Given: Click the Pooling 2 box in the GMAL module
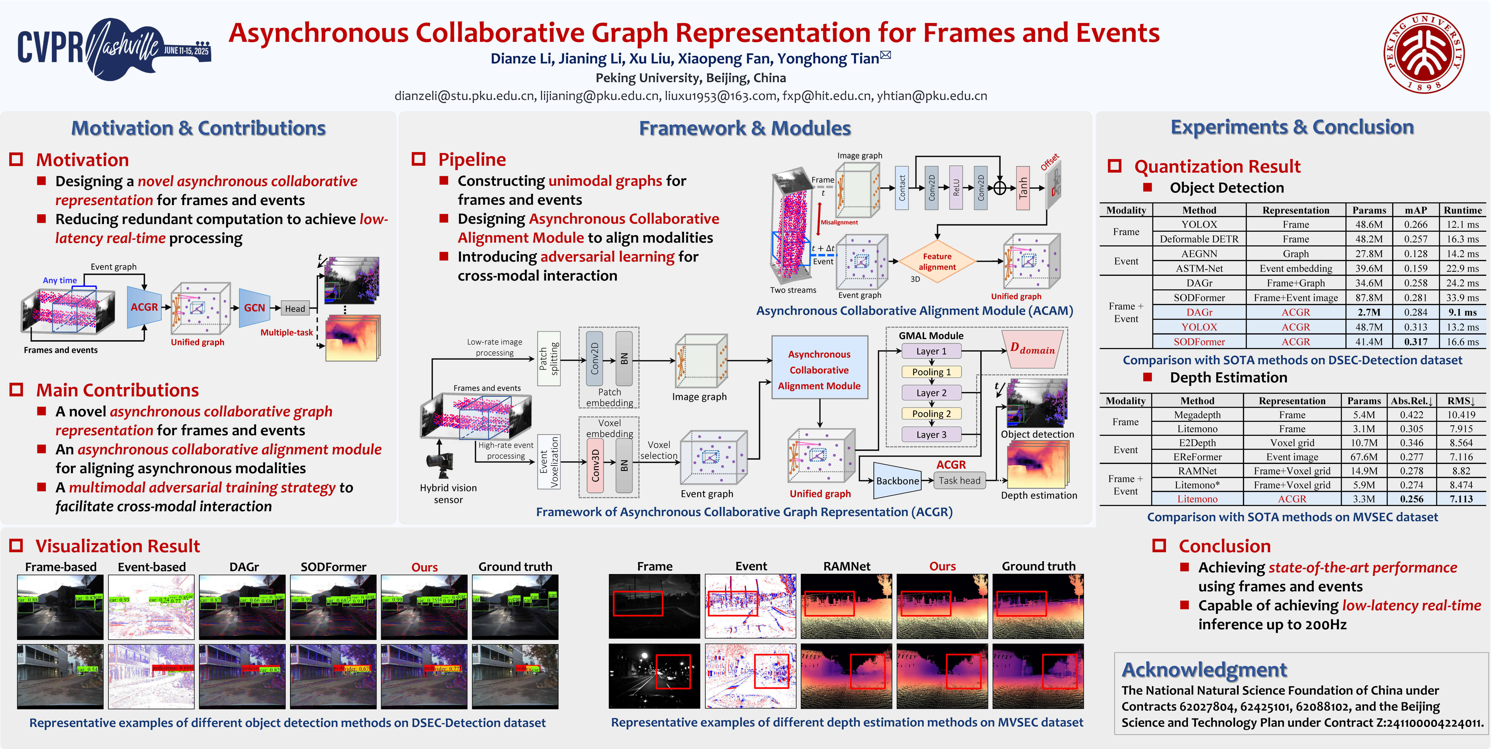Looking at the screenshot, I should [931, 413].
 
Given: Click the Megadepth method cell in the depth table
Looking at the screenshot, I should [1197, 414].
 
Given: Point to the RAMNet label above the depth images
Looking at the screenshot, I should [847, 566].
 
